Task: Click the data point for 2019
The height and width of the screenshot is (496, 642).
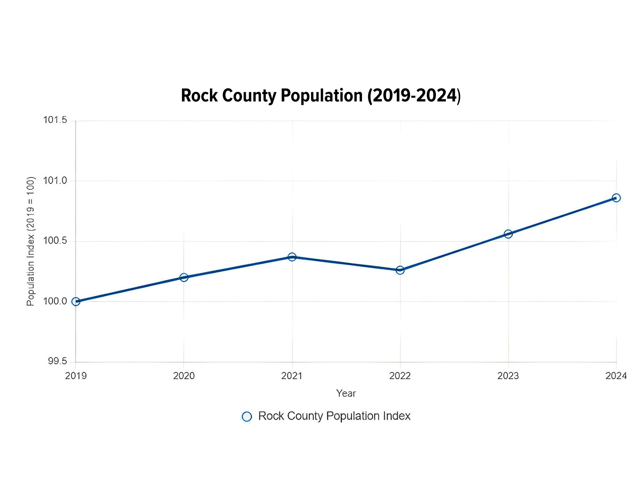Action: tap(76, 301)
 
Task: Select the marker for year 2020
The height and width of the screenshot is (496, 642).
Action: tap(184, 277)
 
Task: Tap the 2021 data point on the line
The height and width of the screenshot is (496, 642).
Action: tap(292, 257)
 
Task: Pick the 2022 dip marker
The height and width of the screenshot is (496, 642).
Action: tap(400, 270)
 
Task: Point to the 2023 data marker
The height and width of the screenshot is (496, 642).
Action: tap(508, 234)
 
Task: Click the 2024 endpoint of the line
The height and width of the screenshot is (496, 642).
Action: tap(616, 198)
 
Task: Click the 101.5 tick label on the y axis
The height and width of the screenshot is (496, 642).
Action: tap(55, 120)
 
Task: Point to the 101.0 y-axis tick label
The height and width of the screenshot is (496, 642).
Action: tap(55, 180)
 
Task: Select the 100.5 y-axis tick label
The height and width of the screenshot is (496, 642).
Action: tap(55, 241)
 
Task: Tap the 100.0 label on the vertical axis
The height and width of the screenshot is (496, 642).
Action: tap(55, 301)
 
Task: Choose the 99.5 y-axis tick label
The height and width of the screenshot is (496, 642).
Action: tap(57, 361)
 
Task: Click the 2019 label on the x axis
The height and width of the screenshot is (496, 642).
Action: tap(76, 376)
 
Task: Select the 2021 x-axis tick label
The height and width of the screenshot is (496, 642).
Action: tap(292, 376)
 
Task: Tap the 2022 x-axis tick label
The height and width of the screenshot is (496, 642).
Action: tap(400, 376)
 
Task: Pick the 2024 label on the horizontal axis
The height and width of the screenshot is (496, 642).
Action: tap(616, 376)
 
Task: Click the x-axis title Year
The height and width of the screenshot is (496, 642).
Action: tap(346, 393)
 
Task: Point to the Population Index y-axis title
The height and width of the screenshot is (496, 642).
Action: tap(30, 241)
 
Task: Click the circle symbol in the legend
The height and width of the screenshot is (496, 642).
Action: tap(247, 416)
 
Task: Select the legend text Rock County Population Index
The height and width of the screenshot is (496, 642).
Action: tap(334, 416)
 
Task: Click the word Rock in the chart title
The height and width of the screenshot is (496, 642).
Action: tap(199, 96)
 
